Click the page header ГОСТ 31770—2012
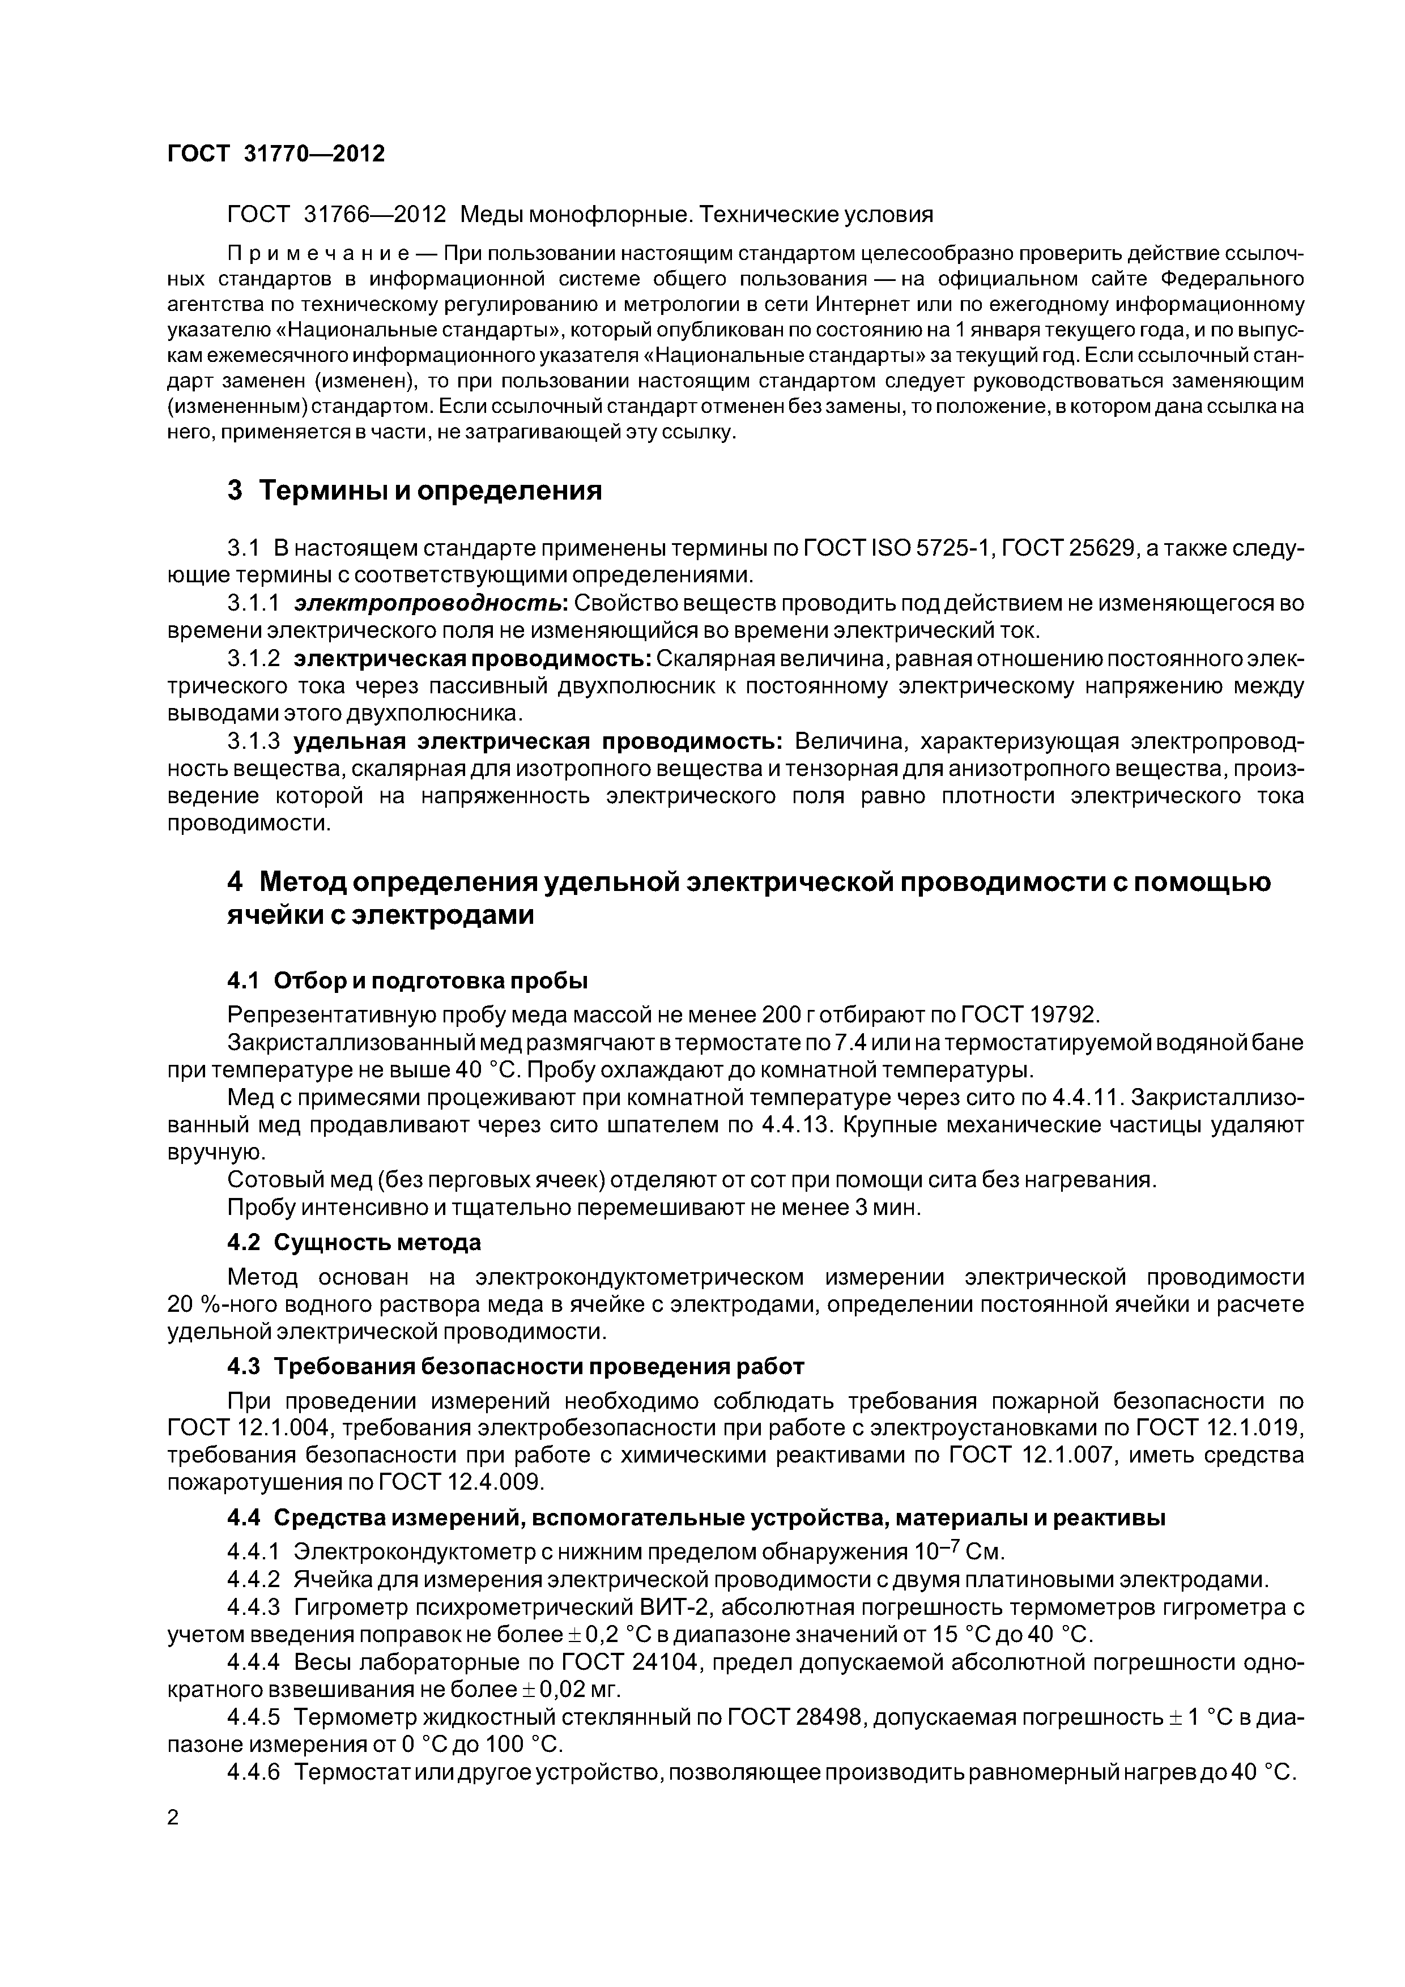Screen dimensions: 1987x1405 (x=275, y=153)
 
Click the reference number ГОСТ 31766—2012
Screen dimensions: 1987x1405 (x=336, y=214)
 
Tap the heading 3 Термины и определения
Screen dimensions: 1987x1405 (x=414, y=491)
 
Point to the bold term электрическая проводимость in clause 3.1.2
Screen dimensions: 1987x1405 (x=472, y=659)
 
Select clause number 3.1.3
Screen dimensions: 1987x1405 (x=254, y=741)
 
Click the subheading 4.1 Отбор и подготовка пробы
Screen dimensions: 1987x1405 (x=407, y=980)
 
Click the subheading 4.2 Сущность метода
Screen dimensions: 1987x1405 (x=353, y=1243)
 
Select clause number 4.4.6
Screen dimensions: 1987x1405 (x=254, y=1772)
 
